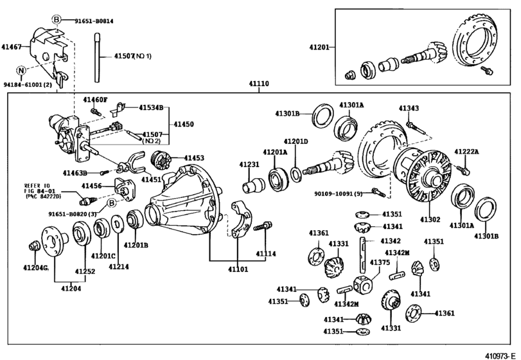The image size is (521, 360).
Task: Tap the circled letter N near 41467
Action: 21,70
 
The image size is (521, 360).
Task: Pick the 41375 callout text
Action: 380,262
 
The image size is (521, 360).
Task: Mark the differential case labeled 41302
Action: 425,174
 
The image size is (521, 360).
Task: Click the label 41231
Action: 249,165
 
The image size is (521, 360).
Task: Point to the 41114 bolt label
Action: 267,254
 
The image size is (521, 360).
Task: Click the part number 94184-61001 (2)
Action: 29,84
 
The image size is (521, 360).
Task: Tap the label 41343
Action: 409,109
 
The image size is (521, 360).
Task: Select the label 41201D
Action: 296,141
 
